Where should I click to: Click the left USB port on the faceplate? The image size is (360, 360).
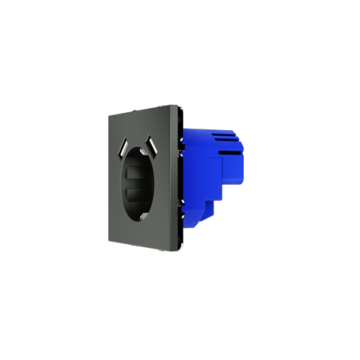pos(124,145)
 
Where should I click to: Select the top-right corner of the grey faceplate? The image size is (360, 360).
pos(178,105)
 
